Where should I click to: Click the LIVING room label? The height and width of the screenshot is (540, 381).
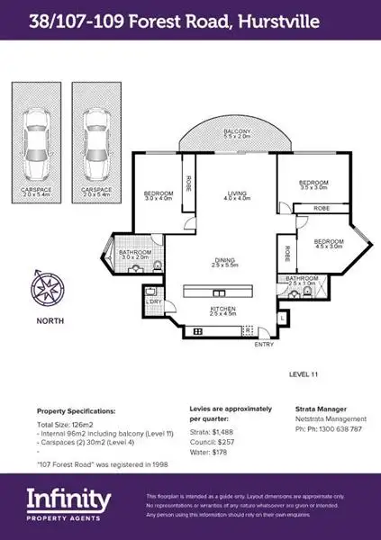coord(237,194)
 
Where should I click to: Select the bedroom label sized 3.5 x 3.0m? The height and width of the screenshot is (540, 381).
coord(313,185)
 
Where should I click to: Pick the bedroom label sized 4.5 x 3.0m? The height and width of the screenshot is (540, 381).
coord(329,243)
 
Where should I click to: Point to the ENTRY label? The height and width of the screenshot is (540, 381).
coord(265,344)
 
